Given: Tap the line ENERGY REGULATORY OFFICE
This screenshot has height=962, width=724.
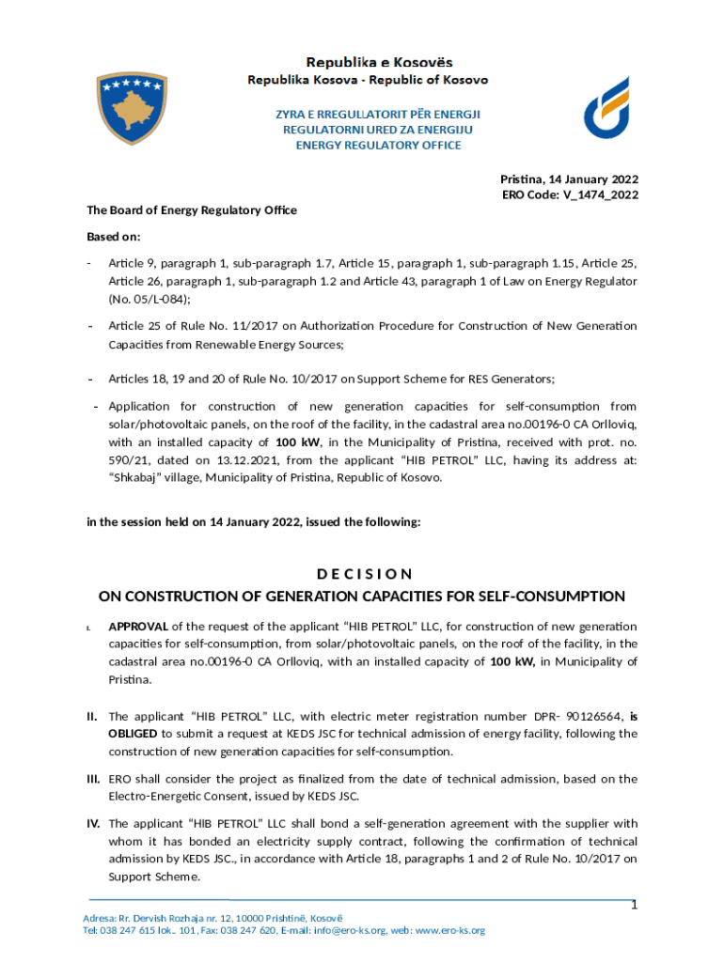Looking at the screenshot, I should click(378, 146).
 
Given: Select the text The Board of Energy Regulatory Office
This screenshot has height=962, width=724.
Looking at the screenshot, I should click(192, 209).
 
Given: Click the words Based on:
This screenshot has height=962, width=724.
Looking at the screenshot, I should click(114, 237).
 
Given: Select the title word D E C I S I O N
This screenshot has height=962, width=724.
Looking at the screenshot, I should click(362, 574).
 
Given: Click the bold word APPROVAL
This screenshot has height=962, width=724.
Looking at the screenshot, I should click(138, 626).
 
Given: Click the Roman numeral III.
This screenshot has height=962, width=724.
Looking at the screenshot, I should click(93, 779).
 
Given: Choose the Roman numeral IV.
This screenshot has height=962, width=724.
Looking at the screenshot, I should click(93, 824).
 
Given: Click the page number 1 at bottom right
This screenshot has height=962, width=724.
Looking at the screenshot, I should click(634, 906).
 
